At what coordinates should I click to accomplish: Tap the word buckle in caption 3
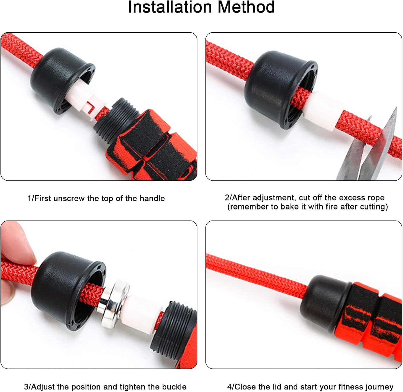click(173, 387)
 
